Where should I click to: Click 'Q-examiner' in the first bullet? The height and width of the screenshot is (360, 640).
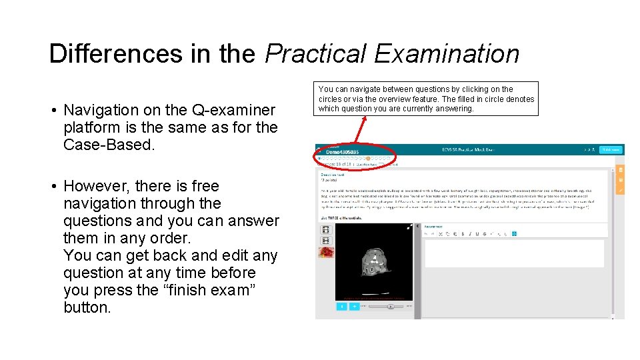233,110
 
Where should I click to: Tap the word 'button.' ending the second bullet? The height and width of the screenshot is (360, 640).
87,307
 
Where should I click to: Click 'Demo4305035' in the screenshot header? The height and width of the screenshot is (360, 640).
341,152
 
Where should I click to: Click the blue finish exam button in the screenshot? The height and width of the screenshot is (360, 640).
610,150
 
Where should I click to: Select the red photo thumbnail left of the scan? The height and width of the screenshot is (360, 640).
326,252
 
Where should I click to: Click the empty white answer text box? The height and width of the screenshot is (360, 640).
514,253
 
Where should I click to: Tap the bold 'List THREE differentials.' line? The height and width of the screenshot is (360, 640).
343,218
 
